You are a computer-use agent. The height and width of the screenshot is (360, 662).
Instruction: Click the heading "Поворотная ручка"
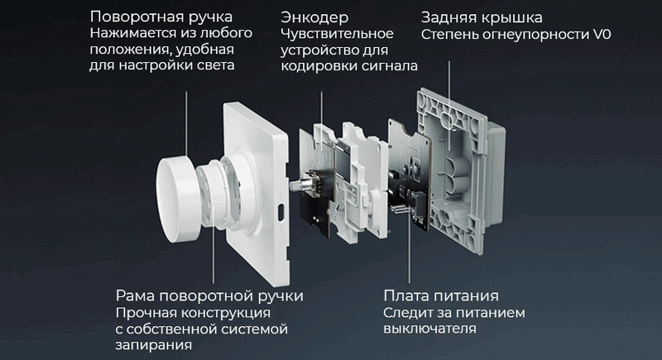[x=161, y=17]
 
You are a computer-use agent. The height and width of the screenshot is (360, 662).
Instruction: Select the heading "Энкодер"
[x=314, y=17]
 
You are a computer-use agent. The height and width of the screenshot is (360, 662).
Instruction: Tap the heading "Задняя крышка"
[x=482, y=17]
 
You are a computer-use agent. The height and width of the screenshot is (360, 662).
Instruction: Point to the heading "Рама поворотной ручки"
[x=209, y=296]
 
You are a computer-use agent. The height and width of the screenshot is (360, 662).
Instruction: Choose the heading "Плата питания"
[x=441, y=295]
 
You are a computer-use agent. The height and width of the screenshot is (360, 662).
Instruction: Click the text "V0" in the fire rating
[x=602, y=35]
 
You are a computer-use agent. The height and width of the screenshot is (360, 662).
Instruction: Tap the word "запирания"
[x=154, y=345]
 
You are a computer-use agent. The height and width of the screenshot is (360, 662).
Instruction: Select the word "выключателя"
[x=429, y=329]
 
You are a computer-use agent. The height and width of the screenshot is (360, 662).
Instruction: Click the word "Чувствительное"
[x=337, y=34]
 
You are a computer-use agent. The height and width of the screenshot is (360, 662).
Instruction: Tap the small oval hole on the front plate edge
[x=280, y=212]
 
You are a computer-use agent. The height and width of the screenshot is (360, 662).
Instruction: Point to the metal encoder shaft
[x=295, y=185]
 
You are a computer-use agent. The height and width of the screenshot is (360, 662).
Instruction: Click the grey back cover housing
[x=460, y=170]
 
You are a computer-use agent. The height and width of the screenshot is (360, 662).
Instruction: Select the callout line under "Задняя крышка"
[x=449, y=106]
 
